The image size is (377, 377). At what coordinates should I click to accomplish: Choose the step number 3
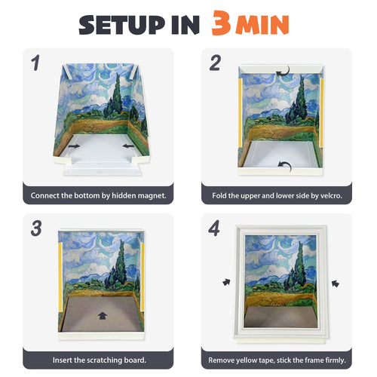click(x=35, y=228)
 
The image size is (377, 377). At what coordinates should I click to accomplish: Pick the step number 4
click(x=215, y=228)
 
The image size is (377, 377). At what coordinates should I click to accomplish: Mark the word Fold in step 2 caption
click(x=218, y=195)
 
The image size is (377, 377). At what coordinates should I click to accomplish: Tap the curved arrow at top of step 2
click(x=282, y=72)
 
